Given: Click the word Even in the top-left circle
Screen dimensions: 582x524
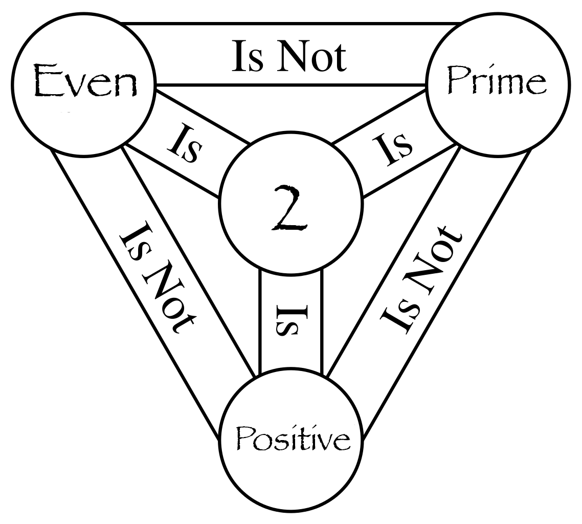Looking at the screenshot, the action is [85, 80].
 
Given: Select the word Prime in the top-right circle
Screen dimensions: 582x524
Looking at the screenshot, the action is [497, 80].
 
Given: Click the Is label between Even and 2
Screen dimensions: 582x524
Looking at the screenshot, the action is [185, 144].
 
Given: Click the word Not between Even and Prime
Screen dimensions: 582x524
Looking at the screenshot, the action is [312, 56].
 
